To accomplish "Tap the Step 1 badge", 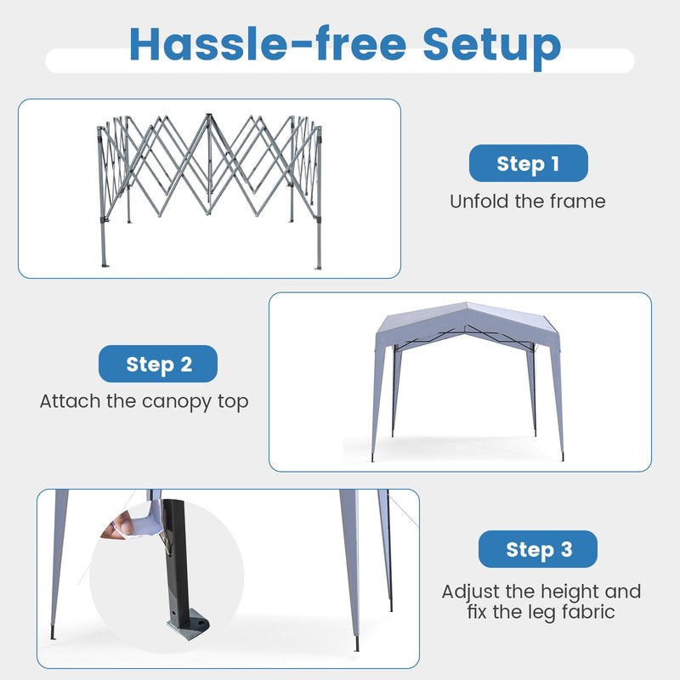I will [528, 163].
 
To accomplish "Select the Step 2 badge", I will [158, 364].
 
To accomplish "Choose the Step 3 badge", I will [538, 549].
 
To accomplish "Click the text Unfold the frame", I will [528, 201].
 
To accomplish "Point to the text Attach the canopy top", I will [144, 401].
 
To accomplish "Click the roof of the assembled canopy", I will [467, 323].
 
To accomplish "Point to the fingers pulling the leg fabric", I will [118, 529].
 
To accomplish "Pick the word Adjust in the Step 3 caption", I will [471, 592].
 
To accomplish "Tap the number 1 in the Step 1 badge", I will [555, 163].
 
